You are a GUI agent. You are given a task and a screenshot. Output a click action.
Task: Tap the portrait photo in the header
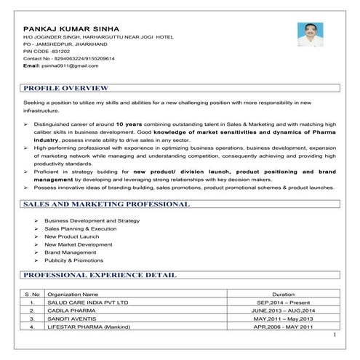coord(311,35)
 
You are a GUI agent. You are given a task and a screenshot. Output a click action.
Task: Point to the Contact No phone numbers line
coord(68,58)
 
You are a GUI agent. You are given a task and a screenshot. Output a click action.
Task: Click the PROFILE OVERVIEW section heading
coord(66,88)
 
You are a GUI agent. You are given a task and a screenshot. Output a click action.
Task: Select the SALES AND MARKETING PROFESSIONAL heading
coord(106,204)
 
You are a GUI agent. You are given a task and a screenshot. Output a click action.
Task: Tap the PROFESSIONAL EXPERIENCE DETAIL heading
coord(100,276)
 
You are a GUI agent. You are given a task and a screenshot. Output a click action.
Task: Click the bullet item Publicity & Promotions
coord(73,260)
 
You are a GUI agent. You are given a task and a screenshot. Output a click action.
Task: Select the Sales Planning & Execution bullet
coord(80,228)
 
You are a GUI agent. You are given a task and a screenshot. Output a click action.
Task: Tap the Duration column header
coord(283,294)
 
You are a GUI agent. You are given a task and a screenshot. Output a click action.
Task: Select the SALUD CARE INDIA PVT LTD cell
coord(87,302)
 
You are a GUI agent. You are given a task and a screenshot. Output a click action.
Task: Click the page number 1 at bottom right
coord(335,335)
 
